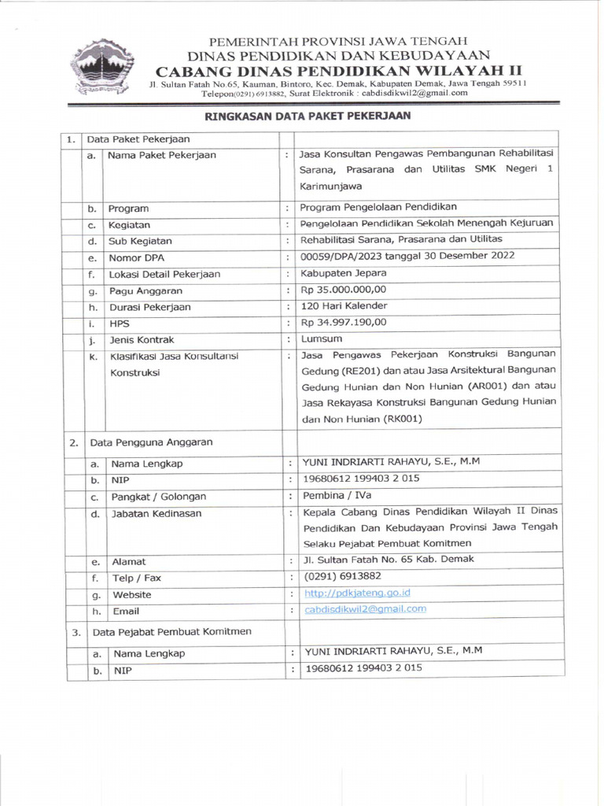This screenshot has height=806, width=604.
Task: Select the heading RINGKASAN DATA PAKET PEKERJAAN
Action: pos(308,115)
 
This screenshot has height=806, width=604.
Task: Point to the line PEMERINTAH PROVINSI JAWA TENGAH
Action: pos(338,40)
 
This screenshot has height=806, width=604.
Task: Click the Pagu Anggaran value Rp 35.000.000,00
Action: pos(344,290)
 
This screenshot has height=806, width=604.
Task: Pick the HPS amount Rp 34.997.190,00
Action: pos(344,323)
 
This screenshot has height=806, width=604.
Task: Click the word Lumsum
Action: pos(319,339)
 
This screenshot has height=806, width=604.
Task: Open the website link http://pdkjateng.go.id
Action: pos(358,593)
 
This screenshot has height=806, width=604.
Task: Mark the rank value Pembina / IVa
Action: pos(337,495)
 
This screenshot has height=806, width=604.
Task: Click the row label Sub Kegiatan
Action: pos(140,241)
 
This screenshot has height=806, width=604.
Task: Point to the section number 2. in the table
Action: pos(72,443)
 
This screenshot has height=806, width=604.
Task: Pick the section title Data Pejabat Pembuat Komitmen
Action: pos(172,631)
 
